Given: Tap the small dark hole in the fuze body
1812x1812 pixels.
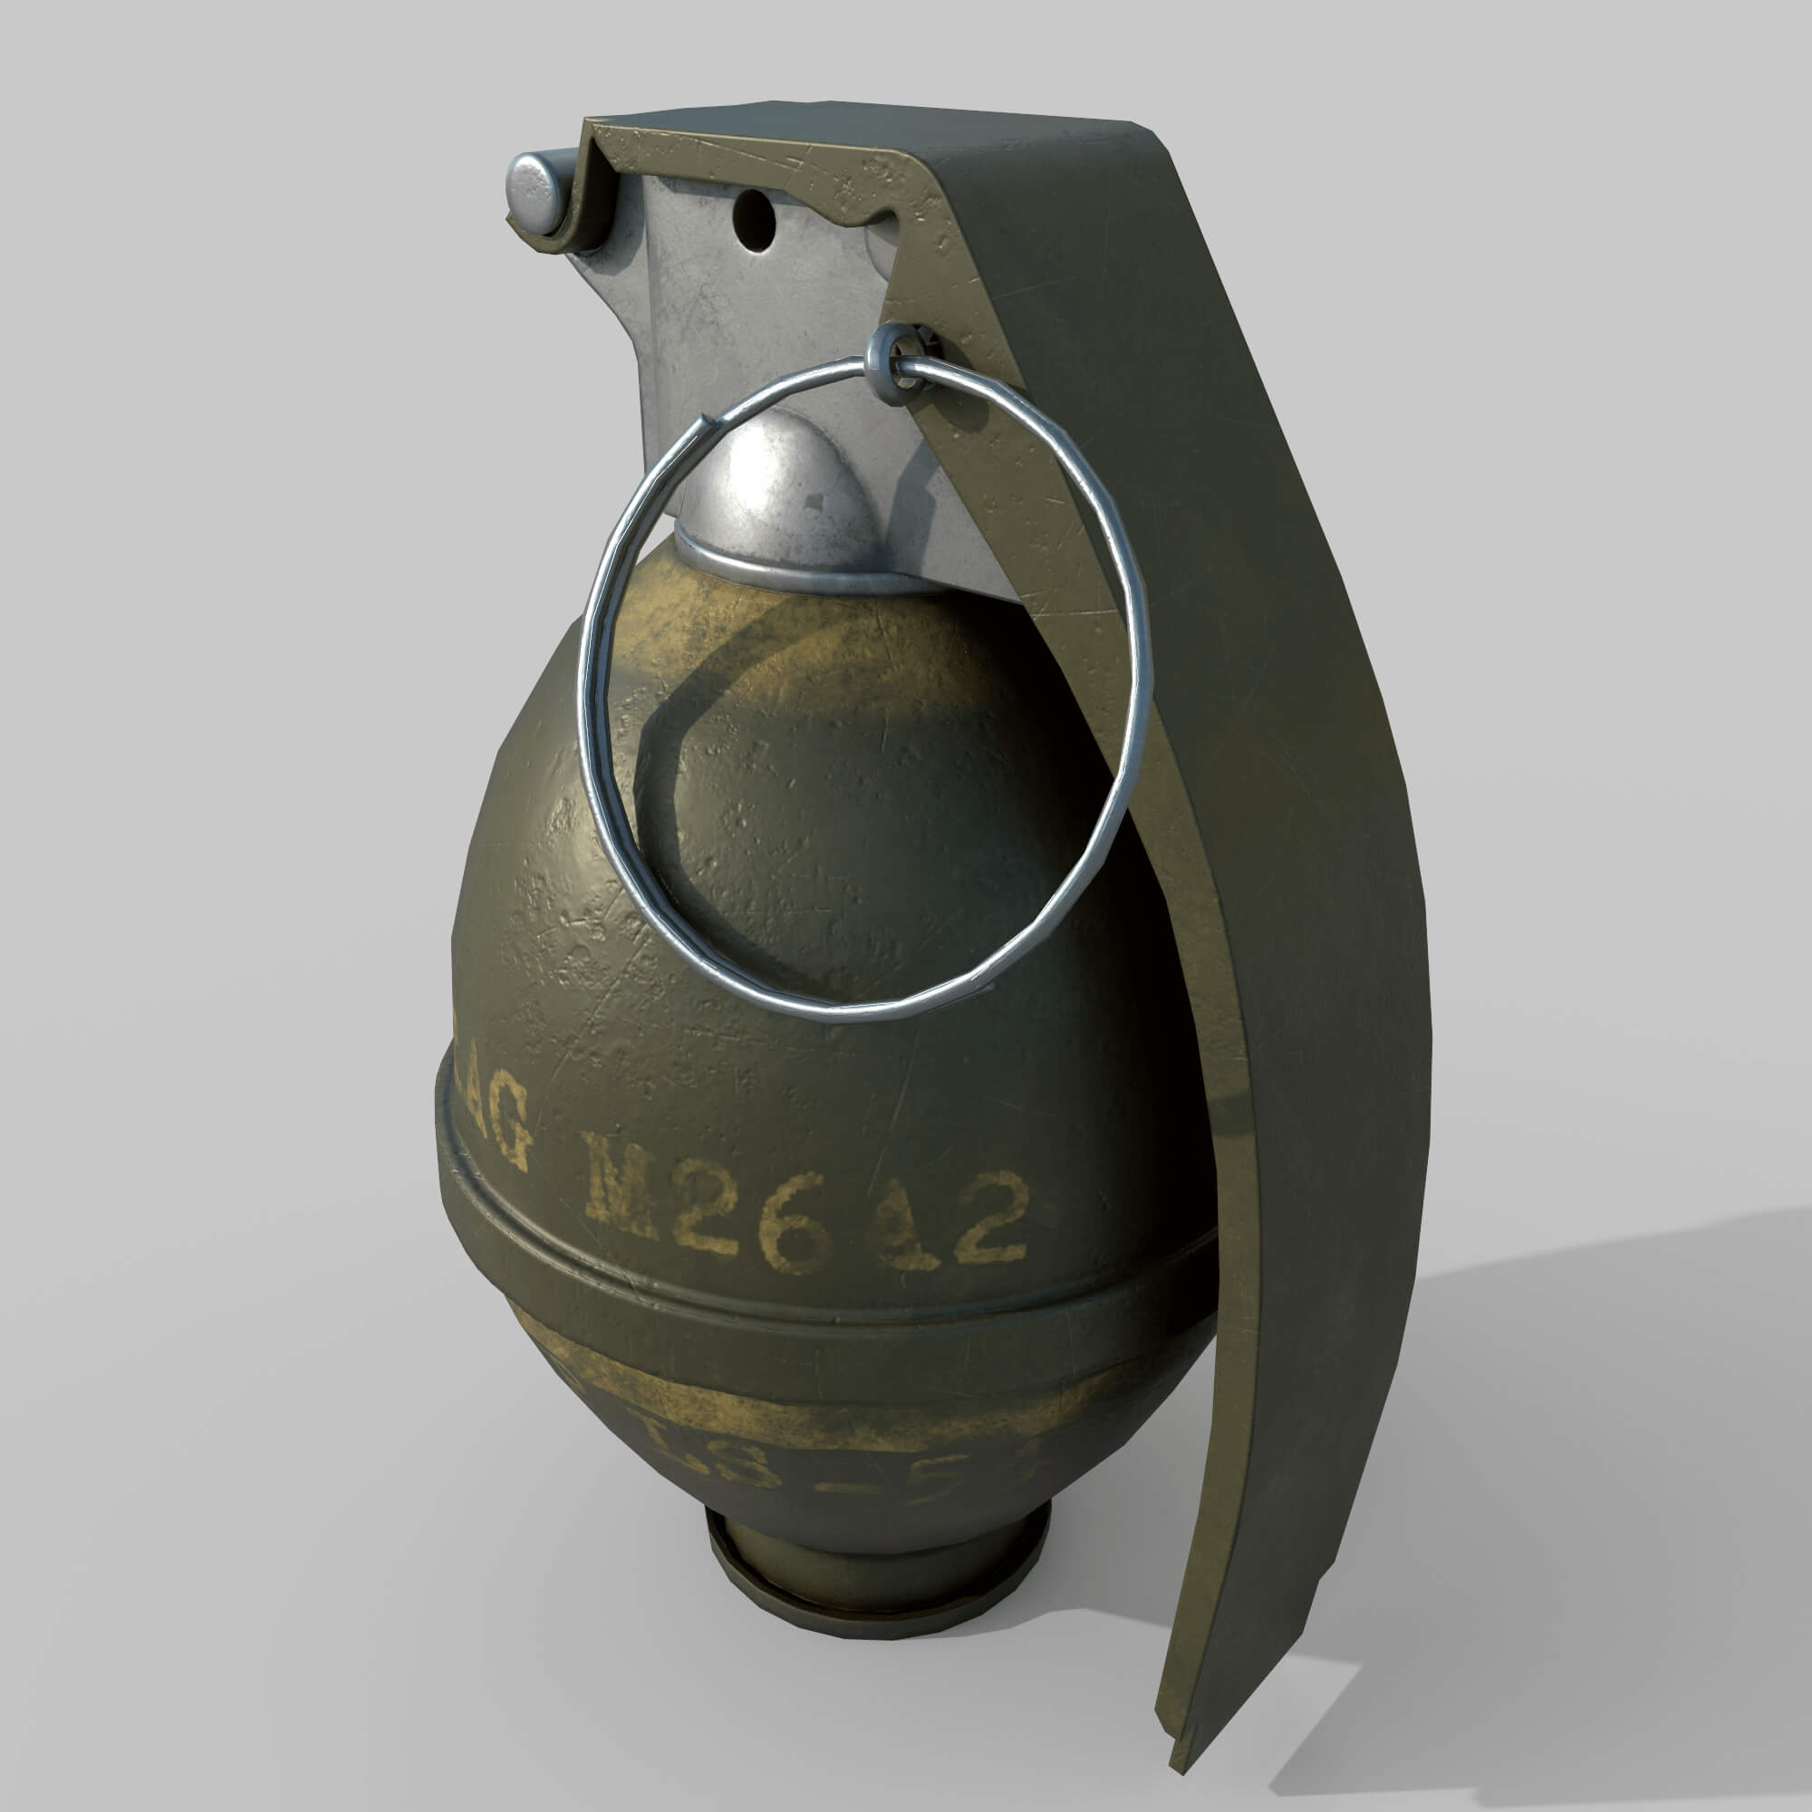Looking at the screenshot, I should pos(755,221).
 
